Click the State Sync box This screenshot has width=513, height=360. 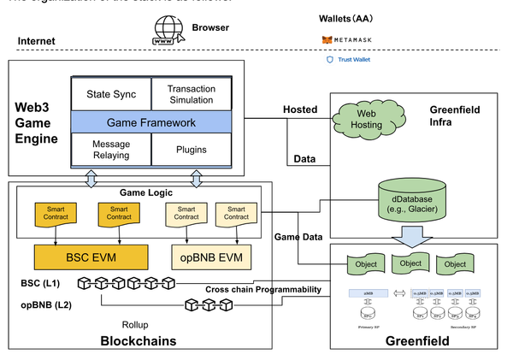tap(111, 94)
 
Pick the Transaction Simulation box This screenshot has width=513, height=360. tap(192, 94)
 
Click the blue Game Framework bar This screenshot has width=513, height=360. tap(151, 122)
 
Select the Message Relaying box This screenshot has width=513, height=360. tap(111, 150)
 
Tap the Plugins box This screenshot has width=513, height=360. tap(192, 150)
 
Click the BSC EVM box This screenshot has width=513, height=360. tap(90, 256)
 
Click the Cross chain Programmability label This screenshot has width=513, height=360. tap(262, 290)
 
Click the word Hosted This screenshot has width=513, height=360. tap(300, 109)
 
